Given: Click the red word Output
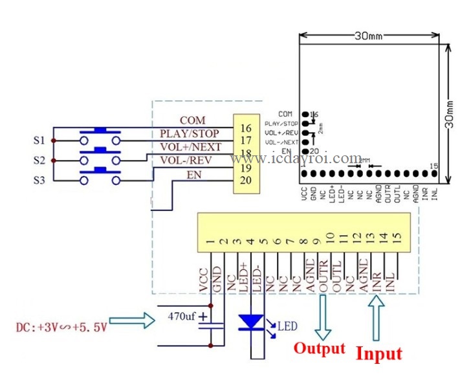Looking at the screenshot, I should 319,348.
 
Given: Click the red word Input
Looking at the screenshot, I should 379,354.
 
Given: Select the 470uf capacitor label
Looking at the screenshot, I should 181,317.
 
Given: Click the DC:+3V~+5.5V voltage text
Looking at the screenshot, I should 61,328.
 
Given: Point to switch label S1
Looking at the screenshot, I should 39,140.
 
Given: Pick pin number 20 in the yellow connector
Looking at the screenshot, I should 245,180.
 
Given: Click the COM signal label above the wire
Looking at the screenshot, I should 193,120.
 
